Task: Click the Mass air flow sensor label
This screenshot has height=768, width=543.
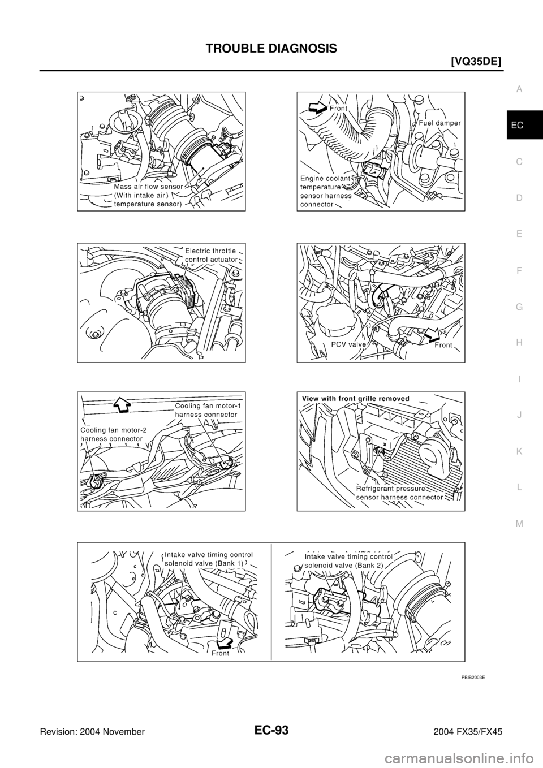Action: point(148,195)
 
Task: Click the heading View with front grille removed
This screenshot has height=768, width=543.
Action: point(356,398)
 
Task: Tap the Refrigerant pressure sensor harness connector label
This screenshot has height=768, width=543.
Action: point(399,494)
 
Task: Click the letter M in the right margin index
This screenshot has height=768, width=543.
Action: point(519,524)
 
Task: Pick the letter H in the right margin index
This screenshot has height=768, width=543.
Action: point(519,343)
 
